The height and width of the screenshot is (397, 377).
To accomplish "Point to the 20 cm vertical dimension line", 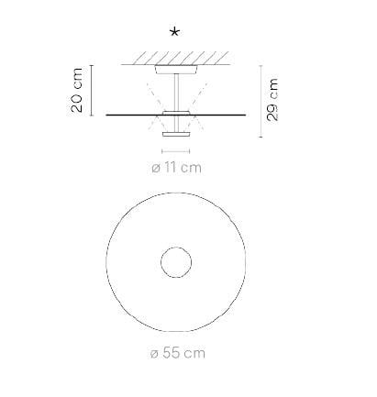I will [94, 90].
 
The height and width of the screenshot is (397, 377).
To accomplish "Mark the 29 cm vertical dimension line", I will [261, 100].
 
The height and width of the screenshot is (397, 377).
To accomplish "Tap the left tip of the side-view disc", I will [108, 115].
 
